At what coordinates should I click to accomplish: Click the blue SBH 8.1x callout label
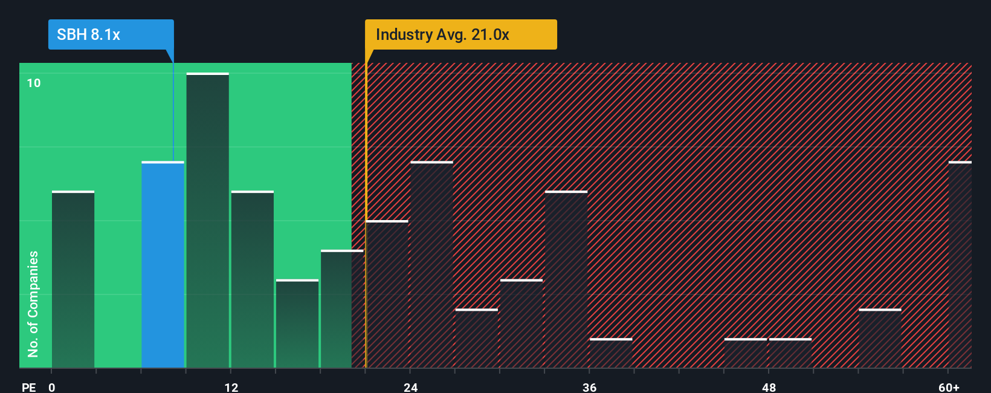[x=111, y=34]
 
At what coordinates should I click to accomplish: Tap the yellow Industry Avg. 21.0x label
[x=460, y=34]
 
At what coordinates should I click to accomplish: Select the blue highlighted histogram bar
[x=163, y=265]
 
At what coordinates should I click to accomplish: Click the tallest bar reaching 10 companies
[x=207, y=221]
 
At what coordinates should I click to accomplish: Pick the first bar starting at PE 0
[x=73, y=279]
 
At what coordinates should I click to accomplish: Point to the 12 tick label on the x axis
[x=231, y=387]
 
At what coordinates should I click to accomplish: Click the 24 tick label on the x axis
[x=411, y=387]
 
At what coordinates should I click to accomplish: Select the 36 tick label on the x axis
[x=590, y=387]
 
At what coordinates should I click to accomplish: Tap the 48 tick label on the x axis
[x=769, y=387]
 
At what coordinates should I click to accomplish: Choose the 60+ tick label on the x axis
[x=949, y=387]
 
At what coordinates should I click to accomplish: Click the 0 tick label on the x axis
[x=52, y=387]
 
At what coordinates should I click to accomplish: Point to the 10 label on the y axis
[x=34, y=83]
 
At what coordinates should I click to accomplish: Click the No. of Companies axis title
[x=33, y=304]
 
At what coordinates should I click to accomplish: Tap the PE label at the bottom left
[x=28, y=387]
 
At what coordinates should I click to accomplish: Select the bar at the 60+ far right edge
[x=960, y=265]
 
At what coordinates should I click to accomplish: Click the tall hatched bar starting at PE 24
[x=431, y=265]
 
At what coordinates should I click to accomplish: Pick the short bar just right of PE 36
[x=611, y=353]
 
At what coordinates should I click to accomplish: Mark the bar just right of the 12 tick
[x=253, y=279]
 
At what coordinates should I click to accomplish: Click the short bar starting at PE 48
[x=790, y=353]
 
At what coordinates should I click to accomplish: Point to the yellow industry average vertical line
[x=366, y=242]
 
